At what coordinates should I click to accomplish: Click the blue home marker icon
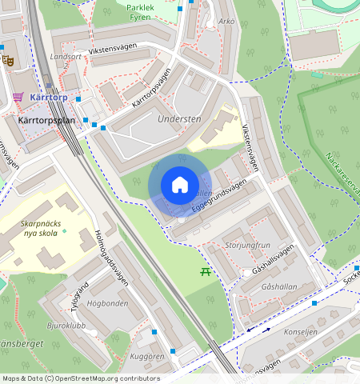(180, 186)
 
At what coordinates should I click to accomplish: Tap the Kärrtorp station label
(49, 98)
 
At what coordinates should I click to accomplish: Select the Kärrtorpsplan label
(46, 120)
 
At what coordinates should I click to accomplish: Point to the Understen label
(179, 119)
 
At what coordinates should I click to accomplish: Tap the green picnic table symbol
(206, 272)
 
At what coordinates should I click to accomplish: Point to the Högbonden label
(109, 304)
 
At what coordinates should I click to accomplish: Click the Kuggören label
(147, 356)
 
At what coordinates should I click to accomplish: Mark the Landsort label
(66, 57)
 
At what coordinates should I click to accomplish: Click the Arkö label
(226, 20)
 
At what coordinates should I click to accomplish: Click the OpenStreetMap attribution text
(80, 378)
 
